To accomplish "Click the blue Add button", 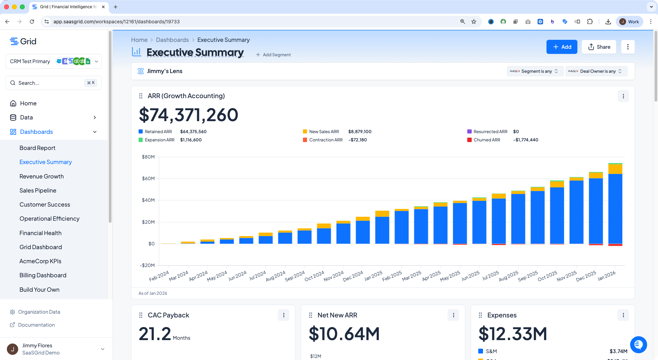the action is click(562, 47).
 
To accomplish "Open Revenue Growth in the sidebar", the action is click(42, 176).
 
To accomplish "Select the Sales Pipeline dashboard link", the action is click(38, 190).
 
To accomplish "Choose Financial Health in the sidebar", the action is click(40, 233).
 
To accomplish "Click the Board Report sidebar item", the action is click(37, 148).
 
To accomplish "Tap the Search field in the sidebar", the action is click(54, 83).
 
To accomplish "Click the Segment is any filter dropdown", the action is click(534, 71).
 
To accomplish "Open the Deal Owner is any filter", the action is click(596, 71).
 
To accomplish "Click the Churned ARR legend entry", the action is click(487, 140).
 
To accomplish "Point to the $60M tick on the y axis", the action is click(148, 178).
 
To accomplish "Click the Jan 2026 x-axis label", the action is click(607, 276).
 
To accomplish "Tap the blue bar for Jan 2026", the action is click(615, 209).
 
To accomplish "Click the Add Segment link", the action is click(273, 55).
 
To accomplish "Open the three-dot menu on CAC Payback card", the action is click(284, 315).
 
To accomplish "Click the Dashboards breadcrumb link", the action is click(172, 40).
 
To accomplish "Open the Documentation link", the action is click(36, 325).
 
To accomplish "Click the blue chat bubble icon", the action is click(638, 345).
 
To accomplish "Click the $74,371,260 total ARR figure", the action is click(188, 115).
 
